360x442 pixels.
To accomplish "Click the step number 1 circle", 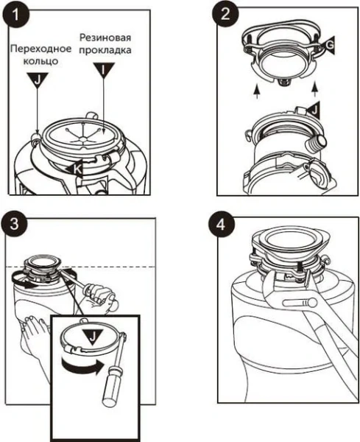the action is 16,15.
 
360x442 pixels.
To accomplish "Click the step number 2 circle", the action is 225,14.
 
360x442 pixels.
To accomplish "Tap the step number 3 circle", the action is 14,223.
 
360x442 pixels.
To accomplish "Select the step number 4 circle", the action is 222,225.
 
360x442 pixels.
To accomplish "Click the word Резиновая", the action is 105,38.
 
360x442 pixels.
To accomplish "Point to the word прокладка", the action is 105,50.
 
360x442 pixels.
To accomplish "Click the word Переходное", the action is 41,49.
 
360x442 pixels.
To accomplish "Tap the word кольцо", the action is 40,61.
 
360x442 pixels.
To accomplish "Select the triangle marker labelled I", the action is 104,70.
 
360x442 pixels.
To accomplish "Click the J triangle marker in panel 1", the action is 38,80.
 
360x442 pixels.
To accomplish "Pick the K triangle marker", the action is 75,169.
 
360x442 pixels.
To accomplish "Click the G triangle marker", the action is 328,45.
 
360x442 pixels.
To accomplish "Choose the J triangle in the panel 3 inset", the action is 93,336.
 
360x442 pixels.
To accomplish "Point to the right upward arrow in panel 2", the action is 316,89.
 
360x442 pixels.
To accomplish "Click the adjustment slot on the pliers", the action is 300,304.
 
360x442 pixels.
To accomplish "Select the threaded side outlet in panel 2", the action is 317,141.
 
